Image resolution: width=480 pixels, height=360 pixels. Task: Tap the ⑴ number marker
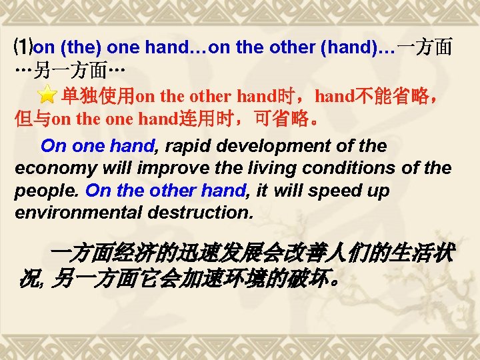point(23,48)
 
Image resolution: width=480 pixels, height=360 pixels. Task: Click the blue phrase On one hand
point(97,146)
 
